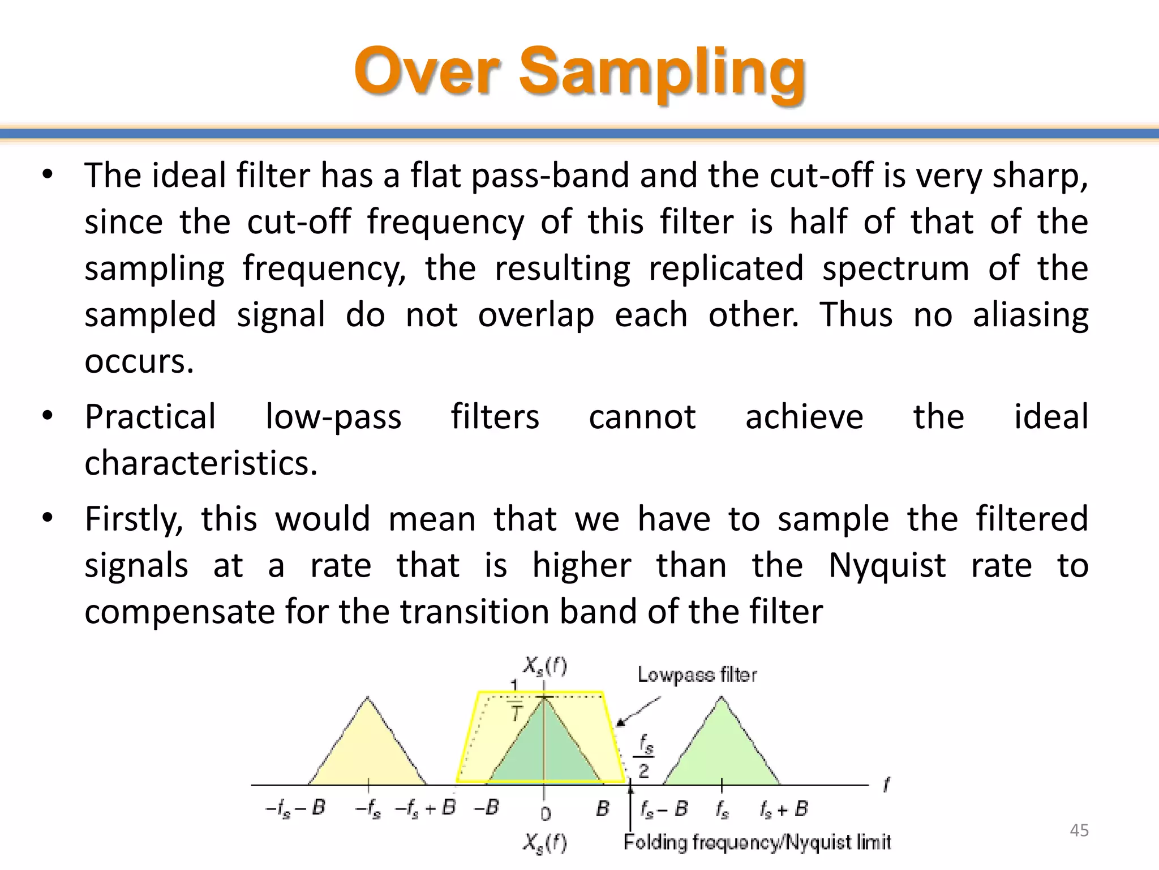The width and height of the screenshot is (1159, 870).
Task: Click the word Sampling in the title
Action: point(662,72)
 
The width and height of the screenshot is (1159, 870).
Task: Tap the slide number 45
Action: point(1079,830)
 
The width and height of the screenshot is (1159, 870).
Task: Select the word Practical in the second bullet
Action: point(150,417)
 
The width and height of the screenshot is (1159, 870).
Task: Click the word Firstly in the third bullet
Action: point(134,520)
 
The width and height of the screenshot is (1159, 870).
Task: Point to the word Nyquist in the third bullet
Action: point(887,566)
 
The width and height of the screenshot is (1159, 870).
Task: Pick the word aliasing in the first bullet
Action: point(1030,315)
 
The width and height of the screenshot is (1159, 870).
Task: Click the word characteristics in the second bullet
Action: point(201,463)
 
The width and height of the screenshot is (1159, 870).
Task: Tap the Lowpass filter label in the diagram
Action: point(697,675)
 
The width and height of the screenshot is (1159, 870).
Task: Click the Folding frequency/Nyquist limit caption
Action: point(757,842)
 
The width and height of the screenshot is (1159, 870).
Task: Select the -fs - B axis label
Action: point(295,808)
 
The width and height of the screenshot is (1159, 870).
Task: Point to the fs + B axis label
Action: point(784,809)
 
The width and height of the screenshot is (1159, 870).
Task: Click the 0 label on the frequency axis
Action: point(545,814)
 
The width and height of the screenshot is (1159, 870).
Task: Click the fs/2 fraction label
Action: point(645,756)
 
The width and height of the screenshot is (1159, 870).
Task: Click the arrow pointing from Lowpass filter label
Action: point(637,711)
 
